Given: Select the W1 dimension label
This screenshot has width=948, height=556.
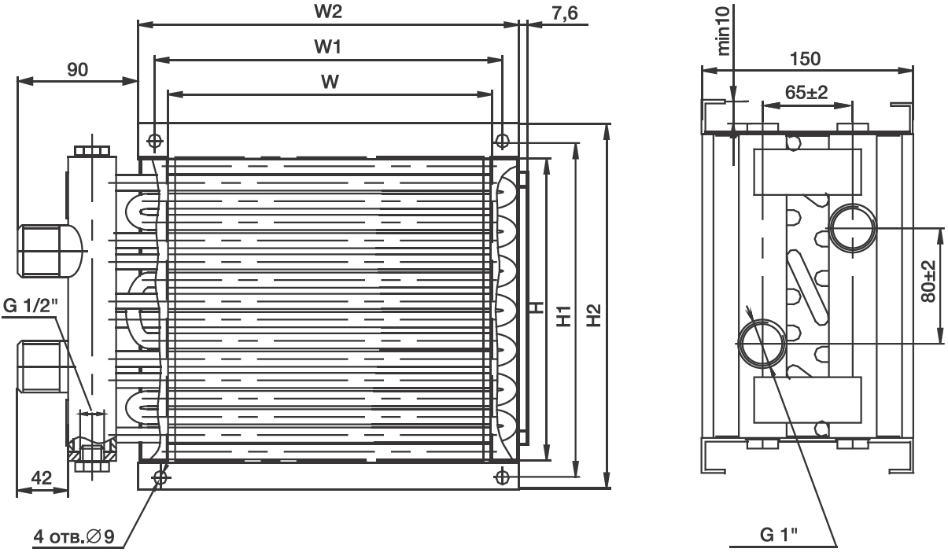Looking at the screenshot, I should [x=329, y=48].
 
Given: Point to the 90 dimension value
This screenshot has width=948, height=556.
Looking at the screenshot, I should [x=76, y=69].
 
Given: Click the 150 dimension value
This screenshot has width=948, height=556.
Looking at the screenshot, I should [x=805, y=59].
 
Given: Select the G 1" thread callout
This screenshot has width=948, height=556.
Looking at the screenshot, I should [x=778, y=536].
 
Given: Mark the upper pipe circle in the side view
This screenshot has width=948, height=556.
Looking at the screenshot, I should [x=853, y=227].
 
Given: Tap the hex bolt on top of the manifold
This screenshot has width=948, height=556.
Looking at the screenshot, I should [x=93, y=150].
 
